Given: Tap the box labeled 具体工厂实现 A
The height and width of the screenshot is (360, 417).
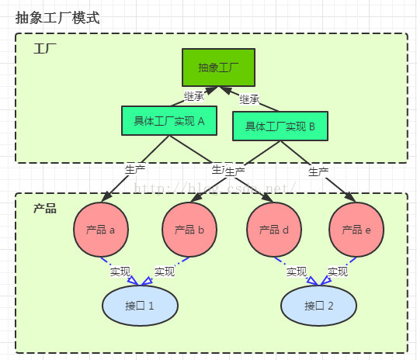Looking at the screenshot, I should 169,120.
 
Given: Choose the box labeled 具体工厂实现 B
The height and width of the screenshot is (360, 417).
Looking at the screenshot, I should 280,126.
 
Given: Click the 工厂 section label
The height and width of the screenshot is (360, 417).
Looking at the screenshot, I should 45,48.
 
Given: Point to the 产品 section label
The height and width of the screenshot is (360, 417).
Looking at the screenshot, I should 45,209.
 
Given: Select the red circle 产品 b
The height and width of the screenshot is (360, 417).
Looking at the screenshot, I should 189,230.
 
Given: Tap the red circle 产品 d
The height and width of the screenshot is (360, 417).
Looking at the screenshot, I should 273,230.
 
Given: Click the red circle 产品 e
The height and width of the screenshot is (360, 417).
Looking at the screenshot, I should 356,230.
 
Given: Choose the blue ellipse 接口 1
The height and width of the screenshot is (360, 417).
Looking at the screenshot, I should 141,305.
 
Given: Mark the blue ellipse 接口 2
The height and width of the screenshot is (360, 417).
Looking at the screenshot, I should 318,305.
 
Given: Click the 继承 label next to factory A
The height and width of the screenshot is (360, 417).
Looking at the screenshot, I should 193,96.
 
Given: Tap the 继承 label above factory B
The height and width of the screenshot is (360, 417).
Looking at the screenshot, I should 249,99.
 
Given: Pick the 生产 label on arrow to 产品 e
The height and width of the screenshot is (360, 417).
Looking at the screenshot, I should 318,171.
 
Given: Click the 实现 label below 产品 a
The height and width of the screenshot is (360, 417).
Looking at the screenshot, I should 120,272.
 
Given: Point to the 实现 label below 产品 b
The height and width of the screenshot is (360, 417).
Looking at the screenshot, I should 165,272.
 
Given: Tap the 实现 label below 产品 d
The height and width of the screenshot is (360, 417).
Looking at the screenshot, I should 297,272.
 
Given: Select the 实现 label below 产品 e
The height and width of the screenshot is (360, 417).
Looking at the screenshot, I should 337,272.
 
